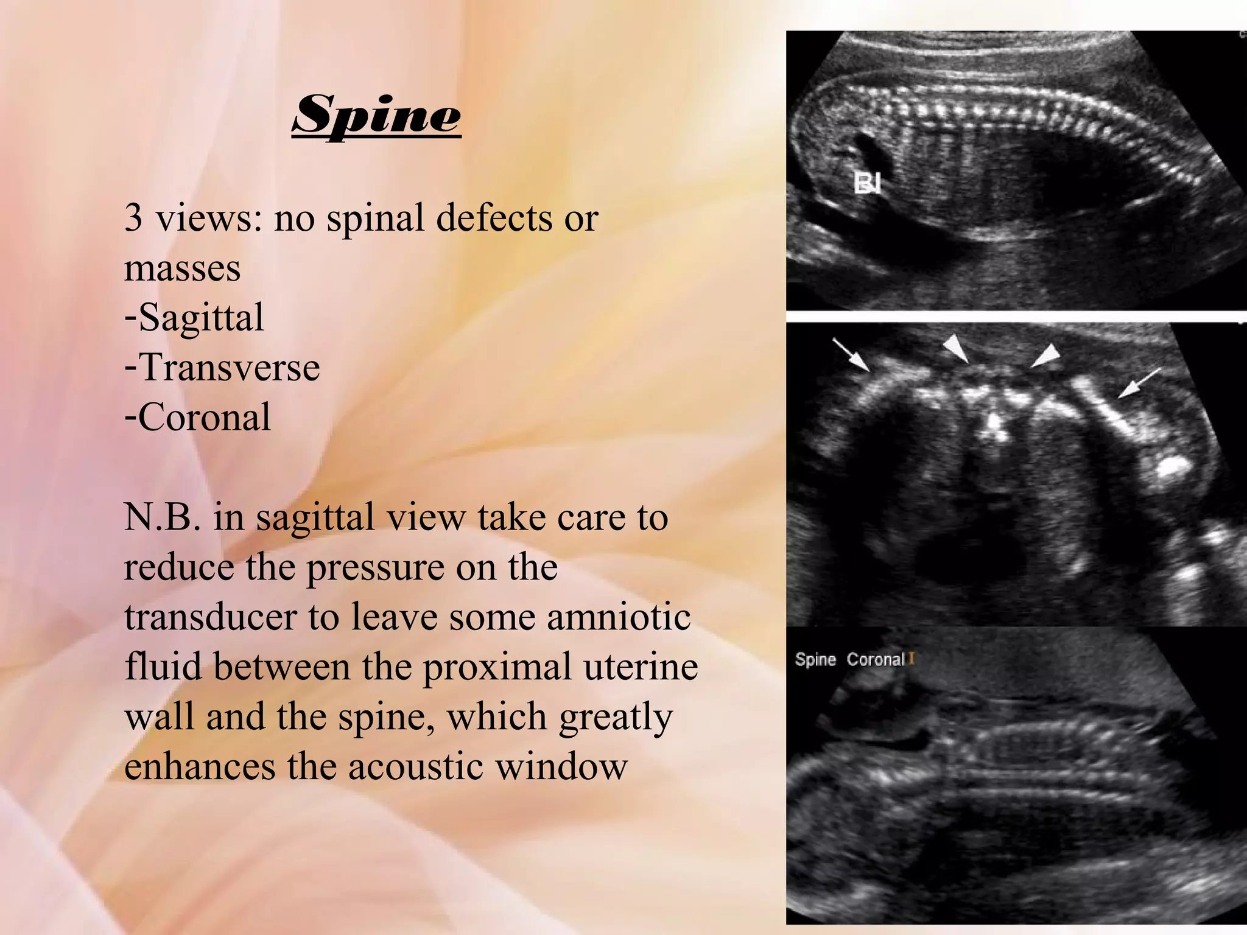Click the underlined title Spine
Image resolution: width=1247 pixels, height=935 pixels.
[x=376, y=115]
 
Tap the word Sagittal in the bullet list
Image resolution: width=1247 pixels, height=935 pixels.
[x=202, y=318]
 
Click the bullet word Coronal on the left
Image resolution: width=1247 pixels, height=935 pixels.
[x=205, y=418]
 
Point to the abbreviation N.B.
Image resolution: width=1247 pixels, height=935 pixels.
[x=162, y=517]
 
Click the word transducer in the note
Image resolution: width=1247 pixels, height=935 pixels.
[x=211, y=617]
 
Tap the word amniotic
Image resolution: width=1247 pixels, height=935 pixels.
[x=619, y=617]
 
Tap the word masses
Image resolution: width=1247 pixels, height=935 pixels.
[x=182, y=268]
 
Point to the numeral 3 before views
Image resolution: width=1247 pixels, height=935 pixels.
[x=133, y=218]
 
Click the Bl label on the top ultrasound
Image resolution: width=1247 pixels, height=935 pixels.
[x=867, y=183]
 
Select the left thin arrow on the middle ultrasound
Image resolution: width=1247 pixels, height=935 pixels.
[x=851, y=355]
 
